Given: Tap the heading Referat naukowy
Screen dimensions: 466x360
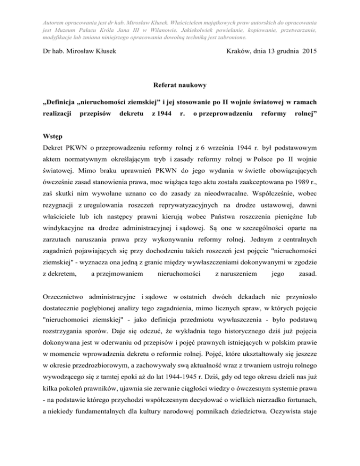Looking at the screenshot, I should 180,87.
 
